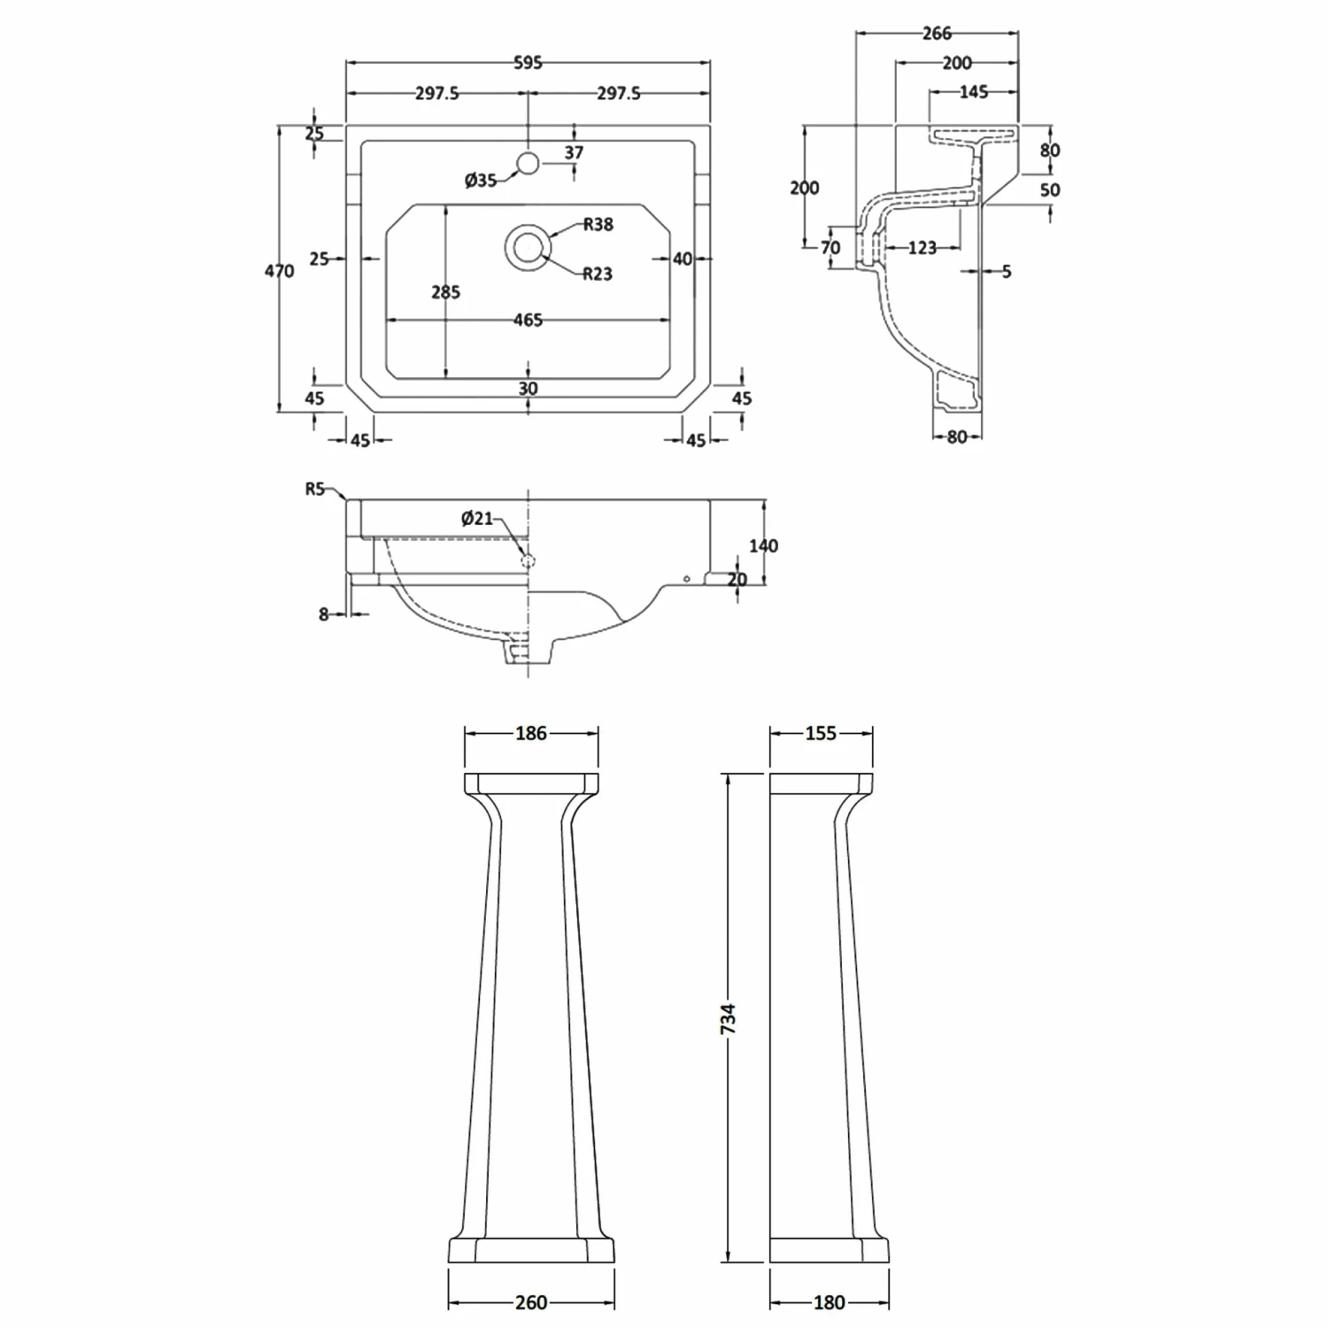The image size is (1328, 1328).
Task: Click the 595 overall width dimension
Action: (528, 63)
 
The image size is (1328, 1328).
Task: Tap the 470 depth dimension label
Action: (279, 271)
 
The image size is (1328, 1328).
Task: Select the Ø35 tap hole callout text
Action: (481, 181)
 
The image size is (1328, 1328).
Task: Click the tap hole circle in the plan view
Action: (528, 163)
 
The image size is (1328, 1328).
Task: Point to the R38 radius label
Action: (598, 225)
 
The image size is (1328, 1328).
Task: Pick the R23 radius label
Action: (598, 274)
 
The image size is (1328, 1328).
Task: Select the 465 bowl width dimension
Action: (528, 320)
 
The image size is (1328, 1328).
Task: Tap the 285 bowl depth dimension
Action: (445, 292)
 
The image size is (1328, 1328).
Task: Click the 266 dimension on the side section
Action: (937, 34)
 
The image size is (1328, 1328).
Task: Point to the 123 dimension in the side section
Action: (922, 249)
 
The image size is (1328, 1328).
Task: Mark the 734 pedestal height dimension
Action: (728, 1019)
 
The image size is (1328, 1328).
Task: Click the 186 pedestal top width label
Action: (531, 733)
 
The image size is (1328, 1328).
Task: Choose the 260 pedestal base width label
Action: (531, 1302)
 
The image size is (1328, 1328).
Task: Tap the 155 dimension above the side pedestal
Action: (821, 733)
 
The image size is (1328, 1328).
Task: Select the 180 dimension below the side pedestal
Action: (829, 1302)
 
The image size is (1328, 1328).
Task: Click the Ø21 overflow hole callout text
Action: (477, 519)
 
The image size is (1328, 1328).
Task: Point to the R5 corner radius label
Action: (316, 489)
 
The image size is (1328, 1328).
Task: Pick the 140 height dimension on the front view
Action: (763, 546)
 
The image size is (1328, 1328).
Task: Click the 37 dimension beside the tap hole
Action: (574, 153)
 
